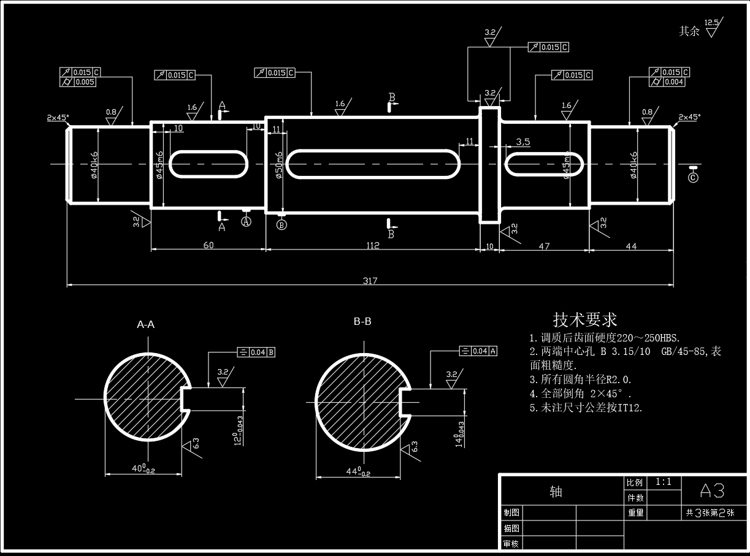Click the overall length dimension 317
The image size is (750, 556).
coord(370,281)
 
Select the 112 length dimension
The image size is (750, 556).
coord(372,245)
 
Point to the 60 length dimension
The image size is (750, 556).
coord(209,245)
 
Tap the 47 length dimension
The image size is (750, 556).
coord(544,246)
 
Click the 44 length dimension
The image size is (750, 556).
coord(631,246)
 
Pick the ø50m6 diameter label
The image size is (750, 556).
coord(280,165)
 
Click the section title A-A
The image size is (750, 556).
coord(145,325)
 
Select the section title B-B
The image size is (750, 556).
coord(362,321)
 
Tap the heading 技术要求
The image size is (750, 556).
coord(585,319)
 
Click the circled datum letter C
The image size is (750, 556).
coord(693,178)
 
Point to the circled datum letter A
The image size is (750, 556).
coord(247,221)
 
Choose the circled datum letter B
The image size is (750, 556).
coord(281,224)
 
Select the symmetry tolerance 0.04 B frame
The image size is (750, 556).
coord(256,352)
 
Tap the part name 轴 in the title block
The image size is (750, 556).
coord(556,492)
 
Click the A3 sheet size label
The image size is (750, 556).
coord(713,490)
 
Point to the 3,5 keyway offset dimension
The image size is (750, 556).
coord(523,142)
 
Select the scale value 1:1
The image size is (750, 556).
coord(664,482)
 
